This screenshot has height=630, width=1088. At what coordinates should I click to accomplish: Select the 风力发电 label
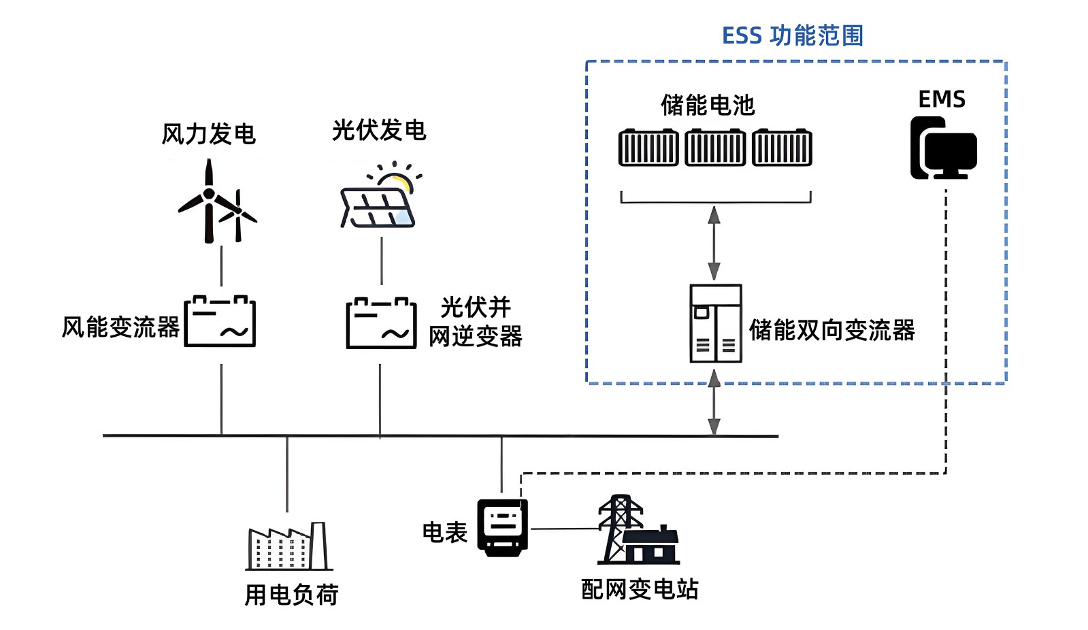click(208, 134)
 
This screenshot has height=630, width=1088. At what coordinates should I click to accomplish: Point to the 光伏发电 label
click(379, 130)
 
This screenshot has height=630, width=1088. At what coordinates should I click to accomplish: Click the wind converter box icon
click(220, 321)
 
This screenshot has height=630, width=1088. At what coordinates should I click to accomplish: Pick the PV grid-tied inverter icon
click(381, 323)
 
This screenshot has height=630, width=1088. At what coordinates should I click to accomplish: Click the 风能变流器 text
click(120, 327)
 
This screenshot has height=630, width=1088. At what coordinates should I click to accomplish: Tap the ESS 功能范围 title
click(793, 35)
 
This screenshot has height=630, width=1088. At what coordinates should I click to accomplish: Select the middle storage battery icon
click(714, 148)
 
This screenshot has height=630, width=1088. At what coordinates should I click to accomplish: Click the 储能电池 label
click(708, 105)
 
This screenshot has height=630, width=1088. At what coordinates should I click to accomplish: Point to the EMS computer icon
click(943, 148)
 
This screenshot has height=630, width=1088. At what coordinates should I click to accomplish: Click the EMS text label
click(942, 99)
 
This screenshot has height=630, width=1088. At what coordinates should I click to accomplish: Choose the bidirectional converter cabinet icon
click(715, 323)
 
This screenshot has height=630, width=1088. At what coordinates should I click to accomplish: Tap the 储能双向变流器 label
click(831, 330)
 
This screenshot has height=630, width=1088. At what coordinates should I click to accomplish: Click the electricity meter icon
click(503, 527)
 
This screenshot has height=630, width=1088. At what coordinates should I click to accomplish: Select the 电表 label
click(445, 532)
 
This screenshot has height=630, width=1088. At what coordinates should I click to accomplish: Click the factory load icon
click(289, 546)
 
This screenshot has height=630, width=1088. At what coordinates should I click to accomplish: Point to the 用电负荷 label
click(291, 595)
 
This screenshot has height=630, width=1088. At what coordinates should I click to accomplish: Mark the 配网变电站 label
click(640, 589)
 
